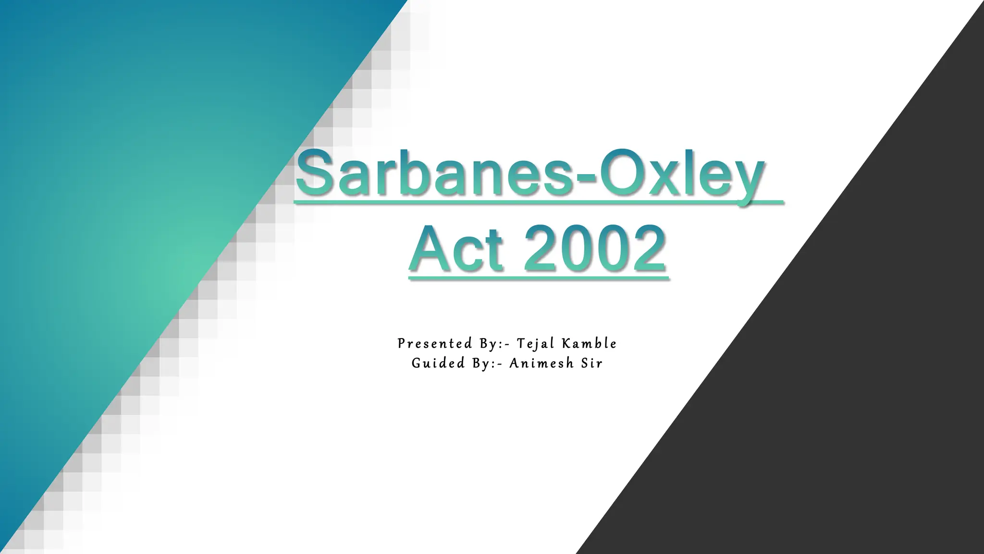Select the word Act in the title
[456, 249]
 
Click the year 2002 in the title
[595, 249]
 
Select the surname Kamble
[589, 343]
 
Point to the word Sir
[591, 363]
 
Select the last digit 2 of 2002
[648, 249]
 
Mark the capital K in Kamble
[566, 343]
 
